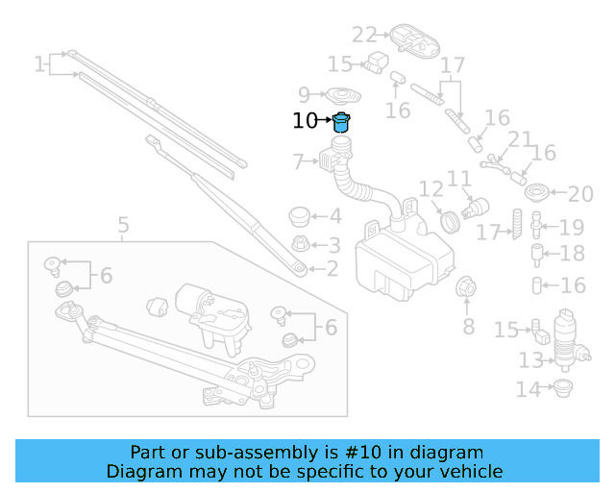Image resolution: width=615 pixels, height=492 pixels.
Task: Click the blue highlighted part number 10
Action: pos(341,122)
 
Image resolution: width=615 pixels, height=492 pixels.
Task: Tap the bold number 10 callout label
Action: pos(304,121)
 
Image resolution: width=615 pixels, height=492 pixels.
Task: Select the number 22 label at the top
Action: pos(364,36)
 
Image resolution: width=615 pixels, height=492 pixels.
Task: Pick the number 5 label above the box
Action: pos(123,227)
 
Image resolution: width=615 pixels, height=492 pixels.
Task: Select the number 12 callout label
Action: pos(430,190)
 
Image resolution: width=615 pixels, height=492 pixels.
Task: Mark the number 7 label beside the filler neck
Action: pos(298,160)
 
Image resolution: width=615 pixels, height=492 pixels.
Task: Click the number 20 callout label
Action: pos(580,195)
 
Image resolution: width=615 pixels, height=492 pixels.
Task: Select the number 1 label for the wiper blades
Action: pos(39,64)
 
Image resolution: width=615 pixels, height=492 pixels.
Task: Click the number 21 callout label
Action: pos(520,140)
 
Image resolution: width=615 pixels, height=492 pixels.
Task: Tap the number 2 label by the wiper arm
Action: pos(330,270)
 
